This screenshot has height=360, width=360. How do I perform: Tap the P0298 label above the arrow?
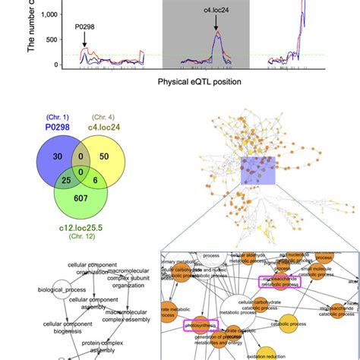pyautogui.click(x=86, y=27)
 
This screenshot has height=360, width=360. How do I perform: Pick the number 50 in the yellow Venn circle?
pyautogui.click(x=104, y=156)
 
